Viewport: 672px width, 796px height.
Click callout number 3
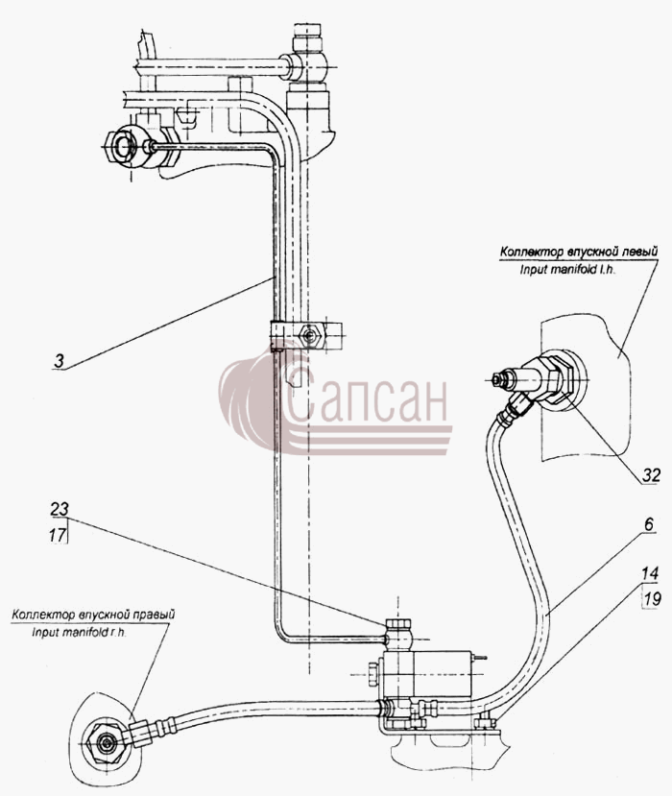60,361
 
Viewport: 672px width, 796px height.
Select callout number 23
59,509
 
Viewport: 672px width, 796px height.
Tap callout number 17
58,534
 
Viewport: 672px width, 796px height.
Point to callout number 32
651,475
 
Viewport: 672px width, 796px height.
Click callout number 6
650,524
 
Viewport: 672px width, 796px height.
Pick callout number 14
650,573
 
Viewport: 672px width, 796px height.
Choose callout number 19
652,599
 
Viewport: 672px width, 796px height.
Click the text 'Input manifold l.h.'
567,270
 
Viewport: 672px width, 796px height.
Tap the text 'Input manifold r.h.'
79,633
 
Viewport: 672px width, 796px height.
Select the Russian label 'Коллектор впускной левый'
579,252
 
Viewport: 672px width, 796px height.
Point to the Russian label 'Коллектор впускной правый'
94,615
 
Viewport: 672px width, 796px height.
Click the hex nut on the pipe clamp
308,335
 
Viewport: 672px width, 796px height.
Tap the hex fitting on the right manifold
106,744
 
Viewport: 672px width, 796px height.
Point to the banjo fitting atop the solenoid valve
399,634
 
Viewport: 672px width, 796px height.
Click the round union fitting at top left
122,146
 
